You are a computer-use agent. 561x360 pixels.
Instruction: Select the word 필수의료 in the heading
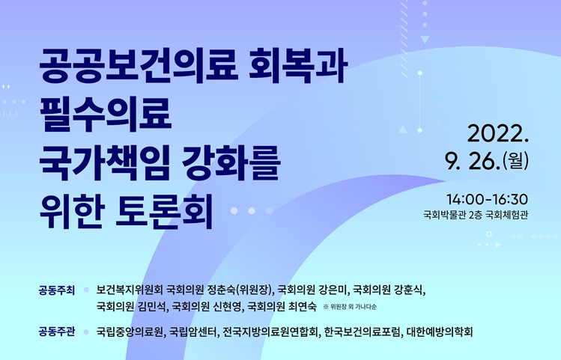pos(106,114)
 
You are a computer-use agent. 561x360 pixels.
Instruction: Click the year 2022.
pos(498,134)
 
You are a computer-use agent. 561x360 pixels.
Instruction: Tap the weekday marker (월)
pos(515,161)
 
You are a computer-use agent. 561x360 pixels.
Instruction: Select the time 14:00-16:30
pos(488,199)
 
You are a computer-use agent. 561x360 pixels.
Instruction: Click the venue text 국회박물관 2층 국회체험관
pos(476,215)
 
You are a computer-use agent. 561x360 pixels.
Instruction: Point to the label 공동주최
pos(57,290)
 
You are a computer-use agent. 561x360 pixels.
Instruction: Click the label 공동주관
pos(57,332)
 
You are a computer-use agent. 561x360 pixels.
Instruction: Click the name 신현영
pos(226,306)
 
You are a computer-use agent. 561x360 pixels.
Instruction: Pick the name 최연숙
pos(303,306)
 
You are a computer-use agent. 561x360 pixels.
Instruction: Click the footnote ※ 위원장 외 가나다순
pos(350,307)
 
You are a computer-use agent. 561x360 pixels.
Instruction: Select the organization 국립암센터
pos(192,332)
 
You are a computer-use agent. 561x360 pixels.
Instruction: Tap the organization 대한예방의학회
pos(440,332)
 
